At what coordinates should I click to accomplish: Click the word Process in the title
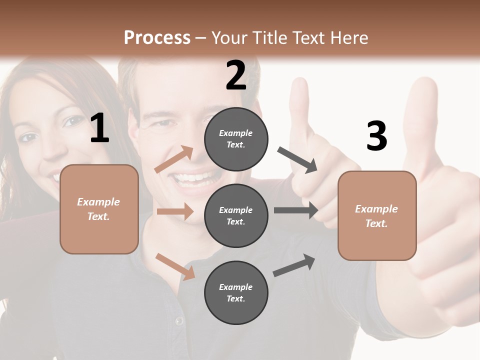pos(157,38)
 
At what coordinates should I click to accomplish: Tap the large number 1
pos(99,129)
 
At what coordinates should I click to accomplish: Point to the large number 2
pos(236,75)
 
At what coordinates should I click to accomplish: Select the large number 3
pos(376,136)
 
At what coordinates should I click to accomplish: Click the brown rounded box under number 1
pos(99,209)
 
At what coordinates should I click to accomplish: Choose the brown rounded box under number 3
pos(377,216)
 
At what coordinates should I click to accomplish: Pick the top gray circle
pos(236,139)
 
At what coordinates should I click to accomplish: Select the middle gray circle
pos(236,215)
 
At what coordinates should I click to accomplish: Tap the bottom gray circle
pos(236,292)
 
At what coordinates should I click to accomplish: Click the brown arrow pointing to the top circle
pos(174,159)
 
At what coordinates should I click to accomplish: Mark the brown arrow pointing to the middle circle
pos(175,211)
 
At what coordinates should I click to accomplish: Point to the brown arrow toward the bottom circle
pos(175,266)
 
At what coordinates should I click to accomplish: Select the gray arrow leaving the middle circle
pos(295,210)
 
